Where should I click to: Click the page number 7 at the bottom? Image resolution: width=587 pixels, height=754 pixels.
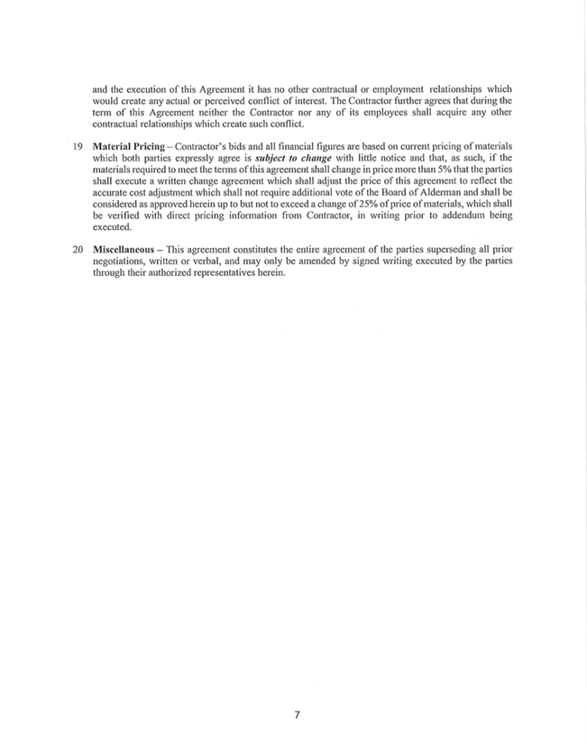click(297, 715)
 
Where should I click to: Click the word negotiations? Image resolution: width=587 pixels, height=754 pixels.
click(122, 260)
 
